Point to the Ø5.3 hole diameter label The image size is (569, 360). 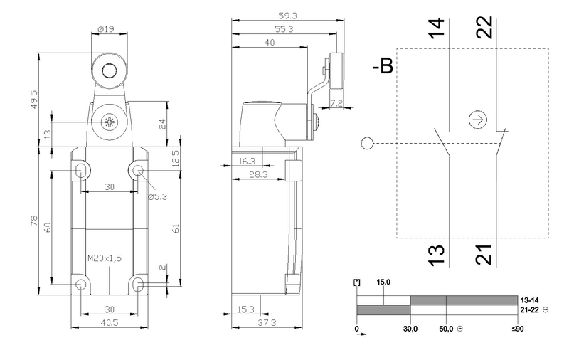[157, 197]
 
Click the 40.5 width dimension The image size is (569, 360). [108, 322]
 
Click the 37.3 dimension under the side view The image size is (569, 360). [266, 322]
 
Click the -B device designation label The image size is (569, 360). [383, 68]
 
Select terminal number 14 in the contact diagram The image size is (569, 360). [438, 26]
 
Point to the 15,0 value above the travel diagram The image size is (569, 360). [384, 283]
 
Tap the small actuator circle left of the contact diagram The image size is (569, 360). [366, 144]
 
